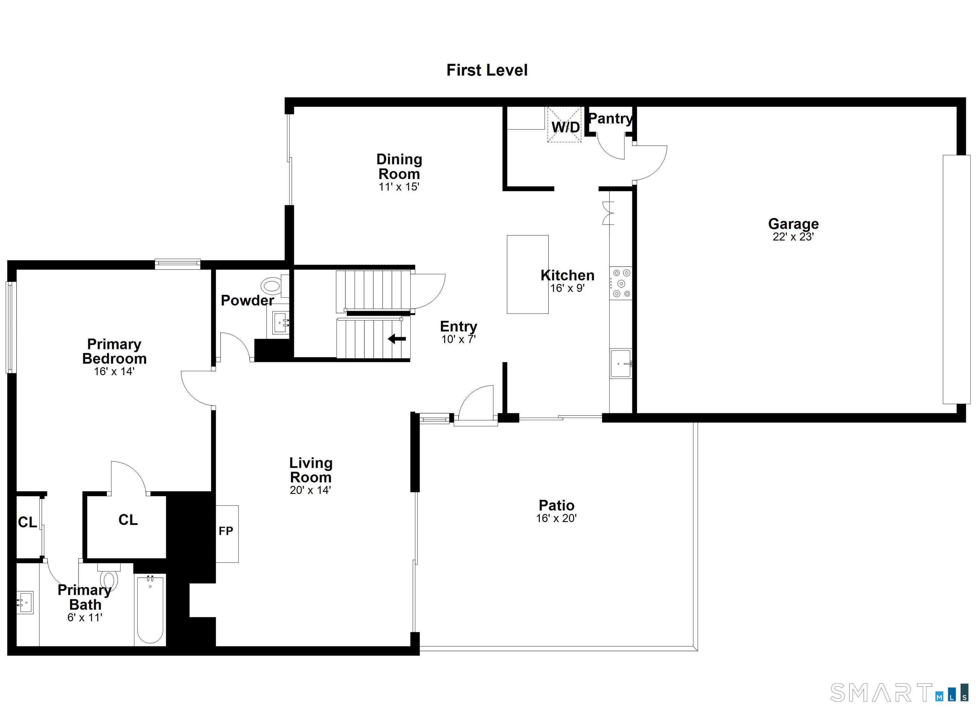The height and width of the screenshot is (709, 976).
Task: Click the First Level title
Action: coord(487,70)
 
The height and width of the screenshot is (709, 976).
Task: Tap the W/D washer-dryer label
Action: coord(566,127)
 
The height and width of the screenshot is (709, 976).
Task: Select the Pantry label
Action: coord(610,119)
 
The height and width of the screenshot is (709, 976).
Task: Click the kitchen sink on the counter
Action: coord(620,363)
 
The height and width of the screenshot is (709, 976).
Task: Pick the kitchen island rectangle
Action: coord(528,274)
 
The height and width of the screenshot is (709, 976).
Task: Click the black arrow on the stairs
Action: coord(397,339)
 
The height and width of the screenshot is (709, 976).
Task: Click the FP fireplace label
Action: coord(226,531)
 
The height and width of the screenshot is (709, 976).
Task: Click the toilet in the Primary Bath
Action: coord(109,576)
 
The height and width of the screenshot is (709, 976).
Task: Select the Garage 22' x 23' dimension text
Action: coord(793,236)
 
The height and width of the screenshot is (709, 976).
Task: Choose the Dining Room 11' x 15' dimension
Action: coord(399,187)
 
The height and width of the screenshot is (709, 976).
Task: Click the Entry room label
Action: coord(458,326)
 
